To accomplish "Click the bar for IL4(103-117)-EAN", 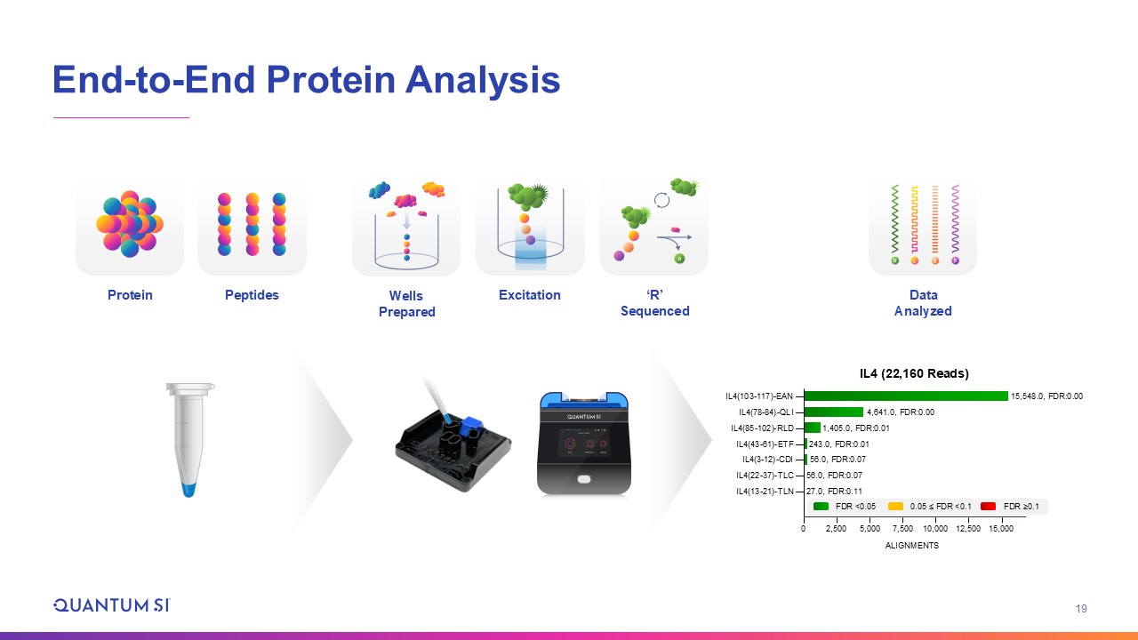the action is point(906,396).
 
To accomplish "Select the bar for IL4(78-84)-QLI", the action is point(834,412).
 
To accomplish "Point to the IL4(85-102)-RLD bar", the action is point(813,428).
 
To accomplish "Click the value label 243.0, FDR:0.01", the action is point(838,444).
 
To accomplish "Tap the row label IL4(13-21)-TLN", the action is point(765,492).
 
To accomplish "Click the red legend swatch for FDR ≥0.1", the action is point(988,507).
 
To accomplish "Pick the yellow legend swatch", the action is point(895,507).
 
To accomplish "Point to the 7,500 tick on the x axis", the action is point(902,529).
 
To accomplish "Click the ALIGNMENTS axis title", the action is point(912,546).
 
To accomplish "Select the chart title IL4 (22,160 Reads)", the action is point(914,373).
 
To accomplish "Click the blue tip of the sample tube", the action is point(188,490).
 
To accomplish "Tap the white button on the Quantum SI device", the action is point(584,479).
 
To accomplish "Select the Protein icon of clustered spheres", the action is point(130,223).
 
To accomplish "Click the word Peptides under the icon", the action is point(252,295).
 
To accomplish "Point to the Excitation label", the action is point(529,295).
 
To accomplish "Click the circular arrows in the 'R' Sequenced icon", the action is point(661,200).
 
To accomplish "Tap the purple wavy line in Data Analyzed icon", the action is point(955,219).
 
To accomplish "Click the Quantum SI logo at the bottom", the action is point(112,605).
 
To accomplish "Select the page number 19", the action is point(1081,609).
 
